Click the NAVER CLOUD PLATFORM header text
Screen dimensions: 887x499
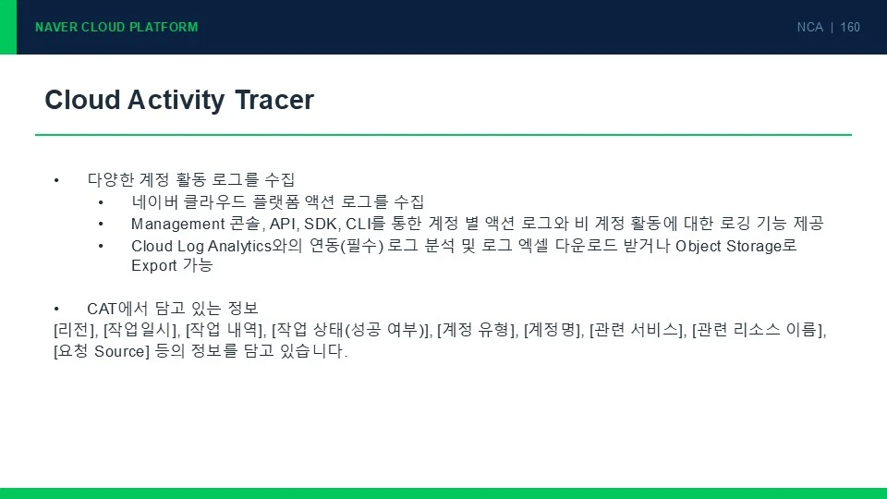point(116,27)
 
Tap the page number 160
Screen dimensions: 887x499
point(850,27)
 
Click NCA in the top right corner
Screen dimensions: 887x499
point(809,27)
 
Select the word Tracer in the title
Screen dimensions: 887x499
point(273,100)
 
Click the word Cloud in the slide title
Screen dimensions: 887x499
point(82,100)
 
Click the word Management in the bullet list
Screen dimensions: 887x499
point(178,224)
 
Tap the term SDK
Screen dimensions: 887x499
point(321,224)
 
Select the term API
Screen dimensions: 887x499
point(283,224)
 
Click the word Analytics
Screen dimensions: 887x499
point(240,246)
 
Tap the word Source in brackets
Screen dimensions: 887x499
point(119,351)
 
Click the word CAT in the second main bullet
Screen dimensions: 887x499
point(102,309)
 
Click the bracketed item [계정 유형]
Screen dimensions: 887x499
point(477,330)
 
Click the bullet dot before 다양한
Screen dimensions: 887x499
point(56,180)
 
